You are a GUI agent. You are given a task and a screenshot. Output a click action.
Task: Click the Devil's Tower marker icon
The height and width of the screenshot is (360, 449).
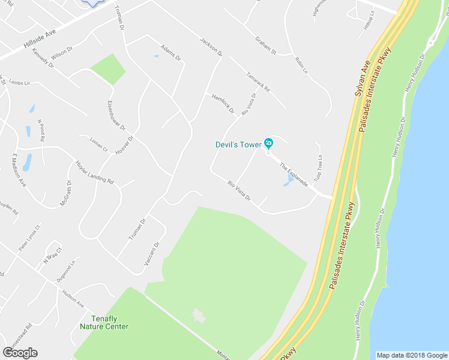(268, 143)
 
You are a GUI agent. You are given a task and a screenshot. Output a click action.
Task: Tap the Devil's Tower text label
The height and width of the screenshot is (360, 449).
(238, 145)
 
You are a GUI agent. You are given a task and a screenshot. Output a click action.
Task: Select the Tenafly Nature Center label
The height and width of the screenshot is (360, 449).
(104, 323)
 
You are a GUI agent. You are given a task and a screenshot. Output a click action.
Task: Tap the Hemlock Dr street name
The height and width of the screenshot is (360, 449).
(223, 104)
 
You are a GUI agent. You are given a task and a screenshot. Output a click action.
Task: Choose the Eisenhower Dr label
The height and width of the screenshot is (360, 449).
(116, 116)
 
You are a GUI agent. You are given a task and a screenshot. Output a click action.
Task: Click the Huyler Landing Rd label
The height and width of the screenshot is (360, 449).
(94, 172)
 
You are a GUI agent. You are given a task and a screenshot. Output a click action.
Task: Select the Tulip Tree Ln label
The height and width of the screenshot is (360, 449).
(320, 166)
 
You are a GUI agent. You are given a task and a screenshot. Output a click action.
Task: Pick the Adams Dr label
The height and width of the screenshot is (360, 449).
(170, 53)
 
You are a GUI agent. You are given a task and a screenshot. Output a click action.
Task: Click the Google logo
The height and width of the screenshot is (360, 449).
(20, 353)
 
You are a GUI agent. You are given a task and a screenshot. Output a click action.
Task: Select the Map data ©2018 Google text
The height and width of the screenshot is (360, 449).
(412, 355)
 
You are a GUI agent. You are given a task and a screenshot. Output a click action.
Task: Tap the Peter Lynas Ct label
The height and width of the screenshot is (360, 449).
(29, 238)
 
